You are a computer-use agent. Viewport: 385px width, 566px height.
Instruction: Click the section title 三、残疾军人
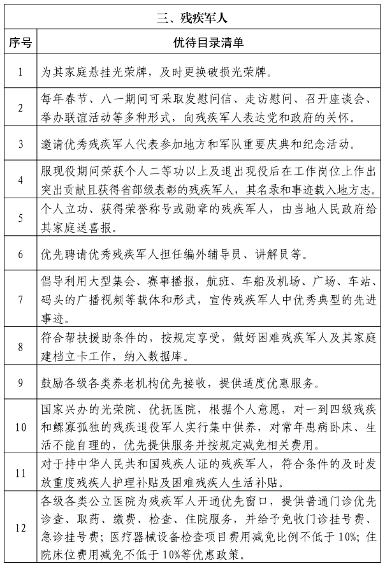192,17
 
